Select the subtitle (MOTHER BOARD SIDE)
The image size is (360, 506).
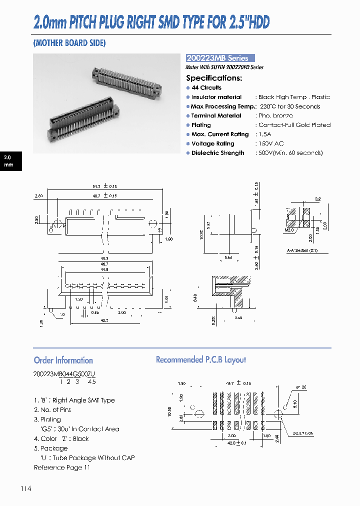pos(69,43)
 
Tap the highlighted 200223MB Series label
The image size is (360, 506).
pos(220,58)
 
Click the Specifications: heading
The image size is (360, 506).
pos(214,78)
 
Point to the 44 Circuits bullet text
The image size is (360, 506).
pos(206,87)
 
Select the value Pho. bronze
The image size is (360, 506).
pos(275,115)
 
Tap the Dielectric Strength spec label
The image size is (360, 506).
pos(217,153)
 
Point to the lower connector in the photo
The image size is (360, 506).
pos(82,122)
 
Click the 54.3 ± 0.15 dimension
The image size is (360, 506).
pos(104,186)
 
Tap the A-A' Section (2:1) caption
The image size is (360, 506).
pos(302,250)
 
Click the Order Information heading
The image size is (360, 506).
pos(63,360)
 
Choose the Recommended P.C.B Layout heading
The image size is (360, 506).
pos(201,360)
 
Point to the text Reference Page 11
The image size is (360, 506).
pos(62,467)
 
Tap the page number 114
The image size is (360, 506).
pos(26,488)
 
